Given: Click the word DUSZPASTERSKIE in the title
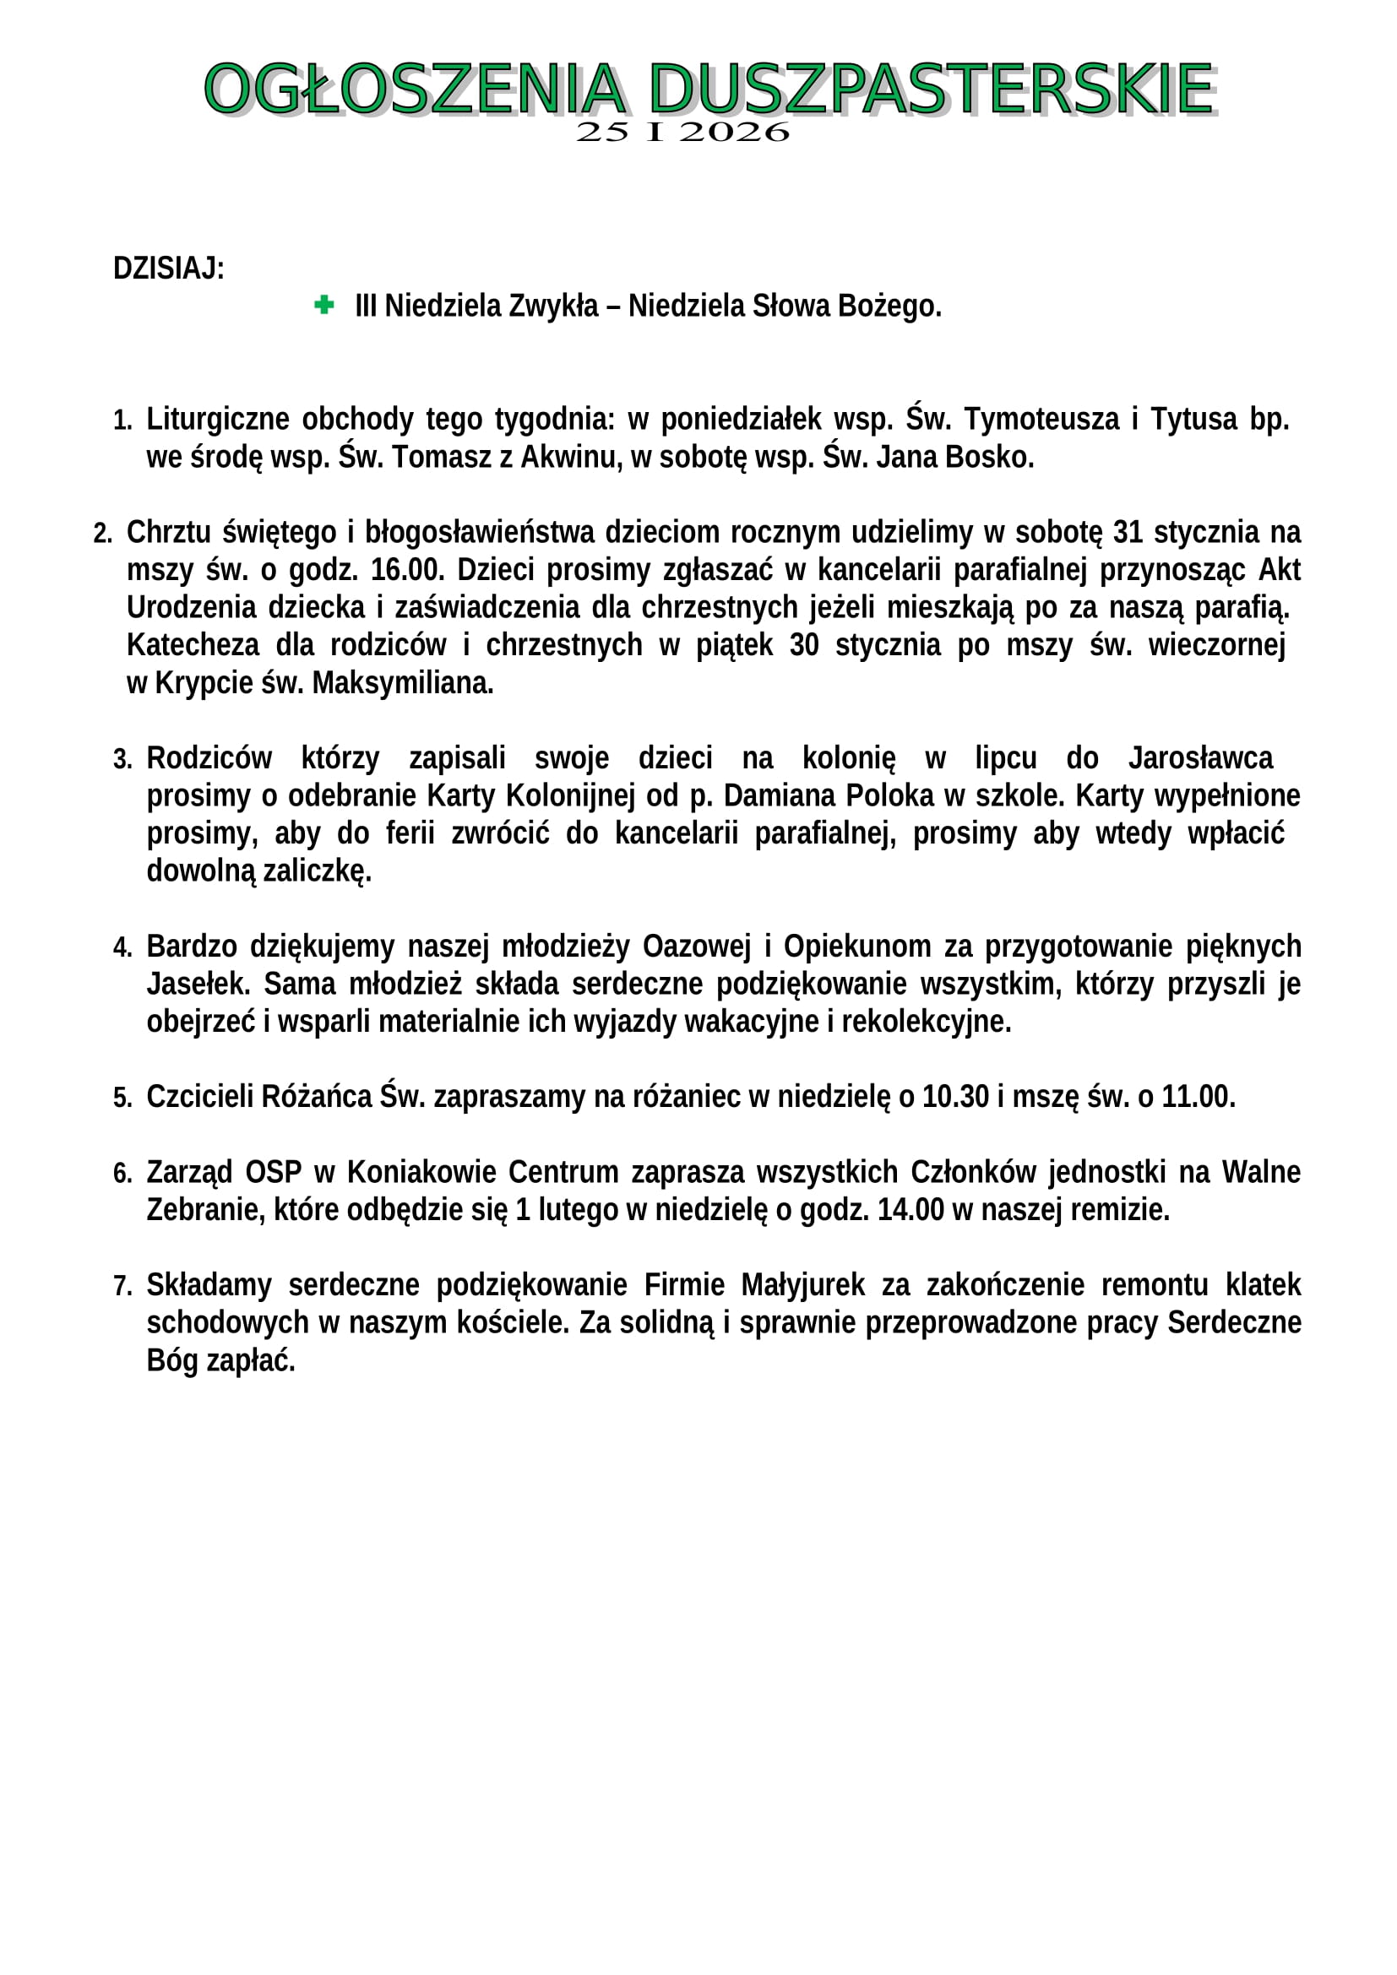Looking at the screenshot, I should [931, 89].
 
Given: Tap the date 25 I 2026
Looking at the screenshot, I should [682, 133].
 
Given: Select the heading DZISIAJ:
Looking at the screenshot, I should [169, 269].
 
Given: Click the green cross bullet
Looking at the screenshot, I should [324, 305].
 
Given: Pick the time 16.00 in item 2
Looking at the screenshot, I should [407, 569].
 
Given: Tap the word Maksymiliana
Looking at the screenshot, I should [403, 683].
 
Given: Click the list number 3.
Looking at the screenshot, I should [122, 760].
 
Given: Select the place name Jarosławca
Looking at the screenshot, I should [1200, 757].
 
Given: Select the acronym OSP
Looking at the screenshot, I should [274, 1172].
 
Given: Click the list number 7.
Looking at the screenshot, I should [122, 1286].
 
